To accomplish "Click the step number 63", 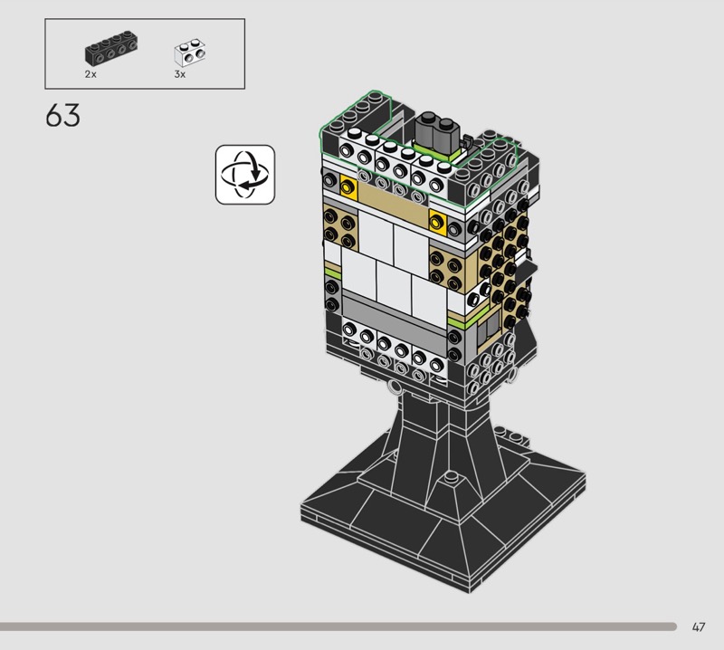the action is (x=62, y=115).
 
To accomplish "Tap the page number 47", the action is (x=699, y=626).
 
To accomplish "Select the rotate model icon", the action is (x=245, y=175).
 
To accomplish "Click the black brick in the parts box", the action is (x=111, y=47).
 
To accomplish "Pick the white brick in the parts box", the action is (x=190, y=53).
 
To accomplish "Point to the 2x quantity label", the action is (x=90, y=74).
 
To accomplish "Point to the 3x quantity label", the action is (x=179, y=74).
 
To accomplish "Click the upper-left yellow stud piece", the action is (x=348, y=186).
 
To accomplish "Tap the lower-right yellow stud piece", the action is (x=438, y=222).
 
